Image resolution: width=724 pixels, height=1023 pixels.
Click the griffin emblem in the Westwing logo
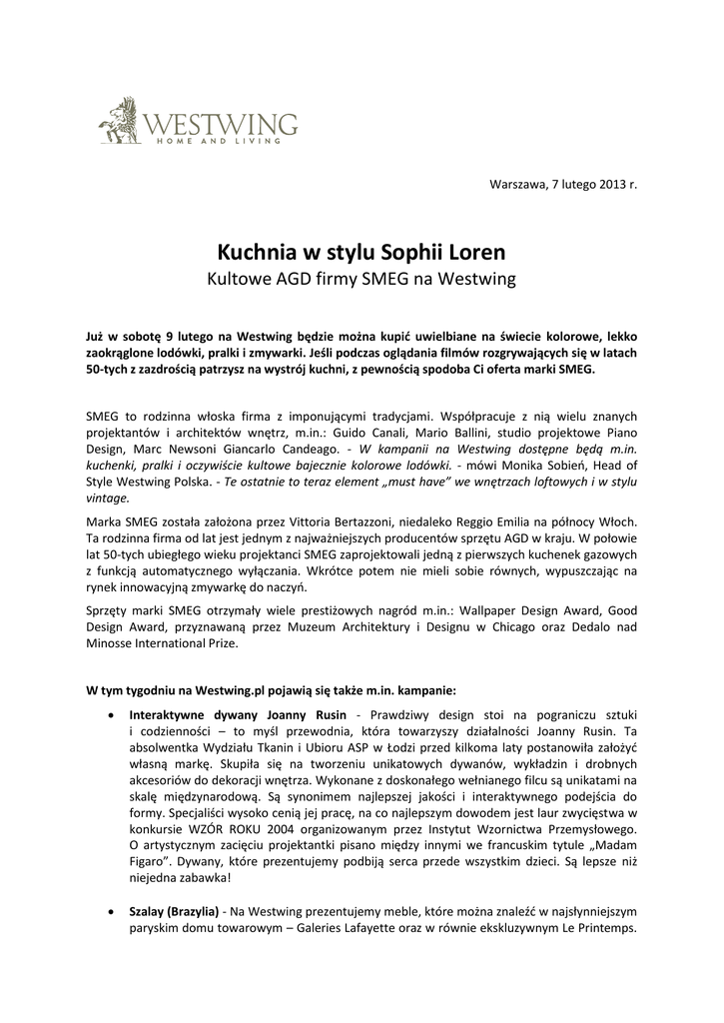121,119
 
